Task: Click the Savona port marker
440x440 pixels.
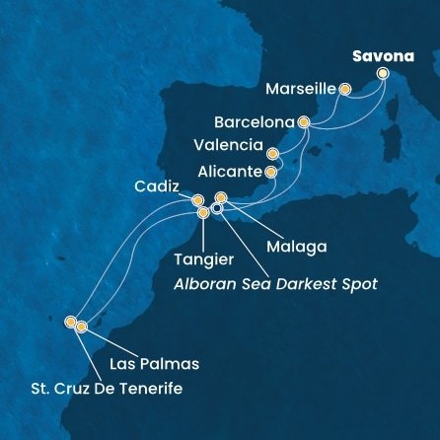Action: [x=383, y=73]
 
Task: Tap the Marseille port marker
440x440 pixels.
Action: [x=345, y=90]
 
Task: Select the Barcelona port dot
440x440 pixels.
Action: [x=304, y=123]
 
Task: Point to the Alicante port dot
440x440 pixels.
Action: [x=269, y=172]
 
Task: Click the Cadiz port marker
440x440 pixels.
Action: [x=197, y=200]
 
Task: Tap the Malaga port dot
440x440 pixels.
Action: [x=221, y=198]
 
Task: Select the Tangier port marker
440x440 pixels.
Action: [x=203, y=212]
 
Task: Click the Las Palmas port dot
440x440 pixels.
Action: [x=82, y=327]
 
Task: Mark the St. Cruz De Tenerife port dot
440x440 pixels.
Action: [x=70, y=321]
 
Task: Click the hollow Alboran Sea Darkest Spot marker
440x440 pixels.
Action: [x=217, y=208]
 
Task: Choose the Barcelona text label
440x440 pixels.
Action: [x=255, y=124]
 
